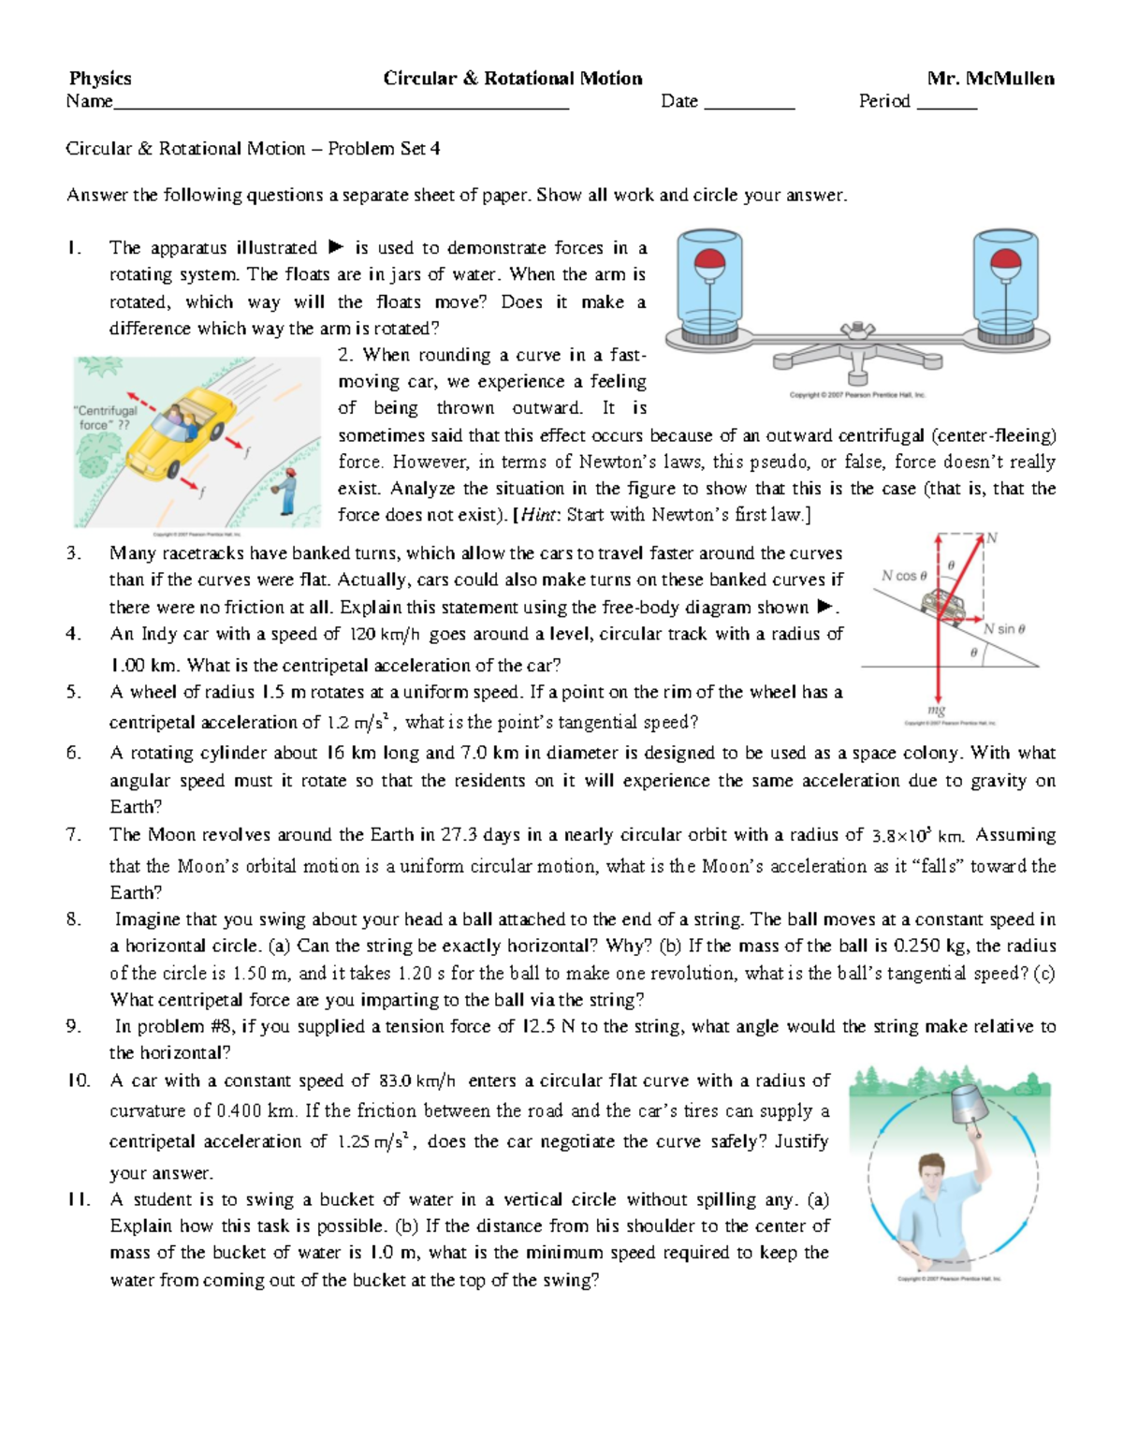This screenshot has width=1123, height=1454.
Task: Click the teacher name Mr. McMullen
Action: coord(990,79)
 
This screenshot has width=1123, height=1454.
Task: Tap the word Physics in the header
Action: coord(100,79)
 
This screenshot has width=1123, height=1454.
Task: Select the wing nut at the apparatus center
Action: coord(857,330)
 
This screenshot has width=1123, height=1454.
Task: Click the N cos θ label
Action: coord(903,577)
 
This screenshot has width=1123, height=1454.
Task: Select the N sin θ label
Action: coord(1004,629)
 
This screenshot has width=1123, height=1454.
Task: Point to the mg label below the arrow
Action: coord(937,710)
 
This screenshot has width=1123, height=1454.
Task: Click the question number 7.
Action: coord(74,834)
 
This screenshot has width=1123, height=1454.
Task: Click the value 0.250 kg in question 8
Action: coord(931,946)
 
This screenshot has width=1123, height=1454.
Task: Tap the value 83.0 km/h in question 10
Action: coord(417,1081)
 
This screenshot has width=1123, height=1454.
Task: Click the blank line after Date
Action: coord(749,103)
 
